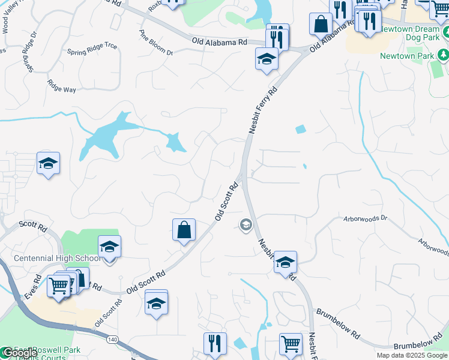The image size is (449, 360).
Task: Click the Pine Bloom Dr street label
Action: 156,43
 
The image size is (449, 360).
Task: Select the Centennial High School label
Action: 58,259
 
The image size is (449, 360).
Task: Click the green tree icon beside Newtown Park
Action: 443,56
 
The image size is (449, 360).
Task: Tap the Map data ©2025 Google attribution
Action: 411,355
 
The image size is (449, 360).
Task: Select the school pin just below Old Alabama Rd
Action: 267,59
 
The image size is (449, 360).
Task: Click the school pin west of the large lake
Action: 48,163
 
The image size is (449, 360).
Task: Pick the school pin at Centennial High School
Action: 109,247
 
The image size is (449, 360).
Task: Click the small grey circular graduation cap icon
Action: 245,225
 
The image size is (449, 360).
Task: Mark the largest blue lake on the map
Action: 108,134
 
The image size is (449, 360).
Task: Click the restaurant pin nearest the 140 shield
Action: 215,344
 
